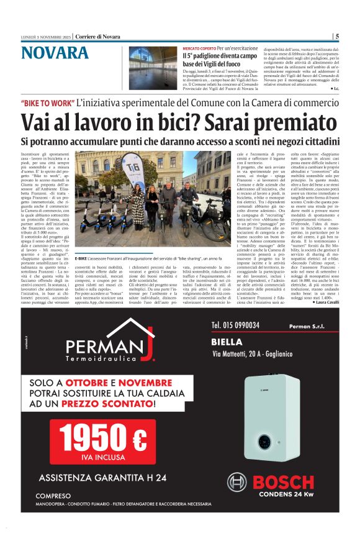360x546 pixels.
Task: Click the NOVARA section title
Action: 55,53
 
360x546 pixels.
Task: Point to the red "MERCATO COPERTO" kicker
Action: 198,48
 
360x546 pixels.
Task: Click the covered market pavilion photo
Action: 153,68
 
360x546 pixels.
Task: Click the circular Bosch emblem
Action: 236,483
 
